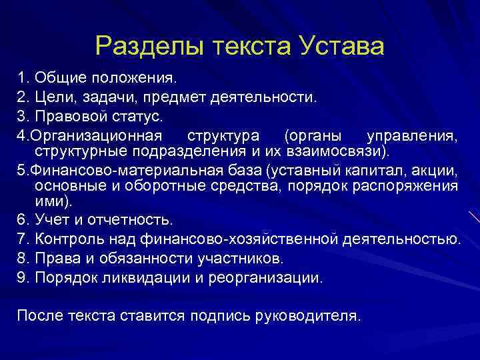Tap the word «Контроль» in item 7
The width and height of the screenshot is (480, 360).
click(x=65, y=239)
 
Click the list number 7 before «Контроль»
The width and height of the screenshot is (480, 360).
click(x=21, y=239)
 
